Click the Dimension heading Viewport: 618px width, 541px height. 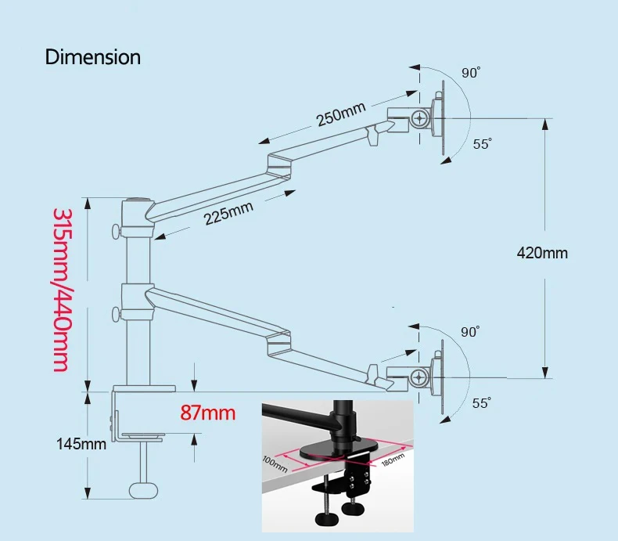(x=93, y=57)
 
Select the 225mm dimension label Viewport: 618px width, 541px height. (x=229, y=212)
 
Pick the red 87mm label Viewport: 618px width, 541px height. (x=207, y=412)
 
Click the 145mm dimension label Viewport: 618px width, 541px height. (x=81, y=444)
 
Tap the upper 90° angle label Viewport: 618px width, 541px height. (x=470, y=73)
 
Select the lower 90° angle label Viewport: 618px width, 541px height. (x=470, y=332)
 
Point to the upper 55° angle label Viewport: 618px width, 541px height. (x=482, y=144)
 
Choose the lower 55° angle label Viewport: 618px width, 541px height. (x=482, y=402)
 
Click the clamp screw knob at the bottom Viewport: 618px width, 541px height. (x=142, y=489)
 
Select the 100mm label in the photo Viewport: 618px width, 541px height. (x=275, y=463)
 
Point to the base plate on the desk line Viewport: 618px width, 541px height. (x=145, y=388)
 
